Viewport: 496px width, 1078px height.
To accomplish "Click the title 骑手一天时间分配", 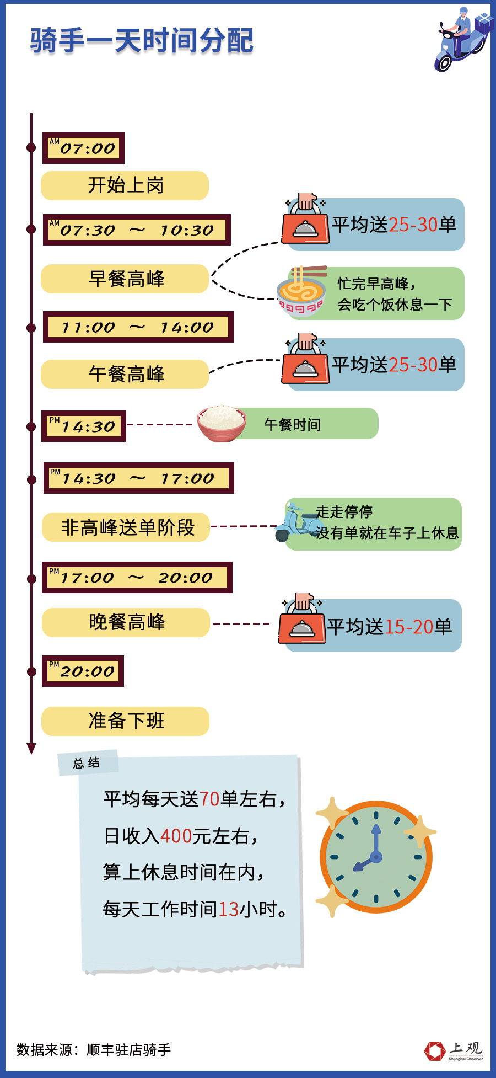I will point(142,41).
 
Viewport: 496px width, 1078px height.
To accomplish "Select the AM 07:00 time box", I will point(83,148).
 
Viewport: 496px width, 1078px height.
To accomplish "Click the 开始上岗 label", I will point(125,185).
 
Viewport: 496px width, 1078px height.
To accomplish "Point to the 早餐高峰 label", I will point(125,279).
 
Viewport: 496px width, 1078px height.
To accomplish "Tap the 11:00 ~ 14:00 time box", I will point(138,327).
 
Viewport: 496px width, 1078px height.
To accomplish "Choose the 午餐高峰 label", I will point(125,374).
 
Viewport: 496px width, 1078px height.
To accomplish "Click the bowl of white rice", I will point(222,423).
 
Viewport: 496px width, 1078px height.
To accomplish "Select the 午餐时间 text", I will point(292,424).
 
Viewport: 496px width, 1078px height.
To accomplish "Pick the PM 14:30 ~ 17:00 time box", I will point(138,478).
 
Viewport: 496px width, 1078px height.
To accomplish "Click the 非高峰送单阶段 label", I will point(127,527).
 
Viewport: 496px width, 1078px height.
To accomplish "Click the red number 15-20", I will point(408,627).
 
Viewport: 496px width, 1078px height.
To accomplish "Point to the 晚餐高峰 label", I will point(126,622).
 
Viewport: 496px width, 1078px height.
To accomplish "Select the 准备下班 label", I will point(126,721).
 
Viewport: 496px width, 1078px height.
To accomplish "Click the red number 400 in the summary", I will point(176,836).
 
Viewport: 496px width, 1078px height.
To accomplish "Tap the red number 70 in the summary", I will point(209,799).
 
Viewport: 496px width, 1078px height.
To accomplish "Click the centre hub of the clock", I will point(376,857).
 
